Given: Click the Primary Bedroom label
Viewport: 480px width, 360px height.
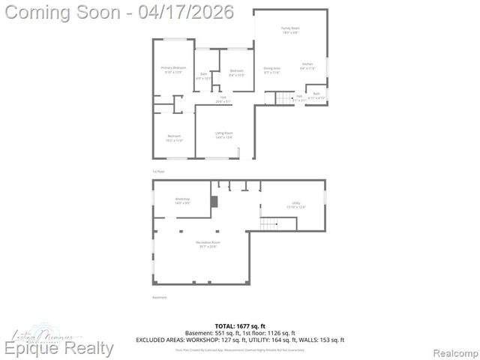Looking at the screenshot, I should [173, 70].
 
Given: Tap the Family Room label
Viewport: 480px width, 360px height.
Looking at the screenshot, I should [291, 30].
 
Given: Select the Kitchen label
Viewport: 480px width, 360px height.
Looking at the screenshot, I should [307, 66].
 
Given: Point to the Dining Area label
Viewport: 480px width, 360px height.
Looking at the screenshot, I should [271, 70].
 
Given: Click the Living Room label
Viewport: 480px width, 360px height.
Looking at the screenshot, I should [223, 135].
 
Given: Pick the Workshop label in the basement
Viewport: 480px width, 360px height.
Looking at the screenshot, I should [172, 200].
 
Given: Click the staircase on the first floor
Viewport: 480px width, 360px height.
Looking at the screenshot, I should [281, 98].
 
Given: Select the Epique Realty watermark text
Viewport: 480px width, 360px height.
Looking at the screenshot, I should [60, 349].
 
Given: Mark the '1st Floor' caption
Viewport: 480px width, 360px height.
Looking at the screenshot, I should [158, 172].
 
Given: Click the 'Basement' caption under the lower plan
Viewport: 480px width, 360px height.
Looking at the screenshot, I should [160, 298].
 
